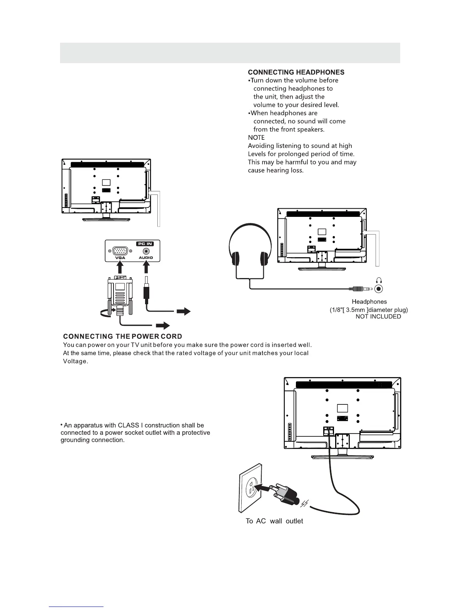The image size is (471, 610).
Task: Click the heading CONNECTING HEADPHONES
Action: pyautogui.click(x=296, y=72)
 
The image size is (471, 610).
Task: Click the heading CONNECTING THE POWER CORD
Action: pyautogui.click(x=122, y=337)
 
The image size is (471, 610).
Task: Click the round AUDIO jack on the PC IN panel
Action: pyautogui.click(x=146, y=251)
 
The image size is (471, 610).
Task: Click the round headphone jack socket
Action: pyautogui.click(x=379, y=289)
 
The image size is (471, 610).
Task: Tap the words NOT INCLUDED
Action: pyautogui.click(x=378, y=317)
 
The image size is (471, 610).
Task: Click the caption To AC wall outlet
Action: pyautogui.click(x=274, y=521)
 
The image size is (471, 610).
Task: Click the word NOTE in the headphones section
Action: pyautogui.click(x=256, y=137)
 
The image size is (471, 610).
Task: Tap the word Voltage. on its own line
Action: pyautogui.click(x=75, y=362)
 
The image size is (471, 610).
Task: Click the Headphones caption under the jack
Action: pyautogui.click(x=369, y=302)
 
